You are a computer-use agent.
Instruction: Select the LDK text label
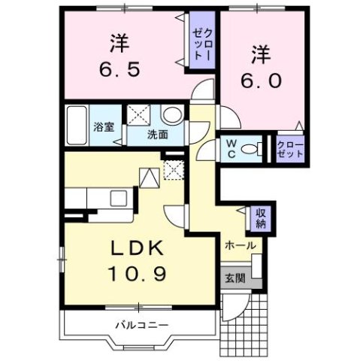(138, 248)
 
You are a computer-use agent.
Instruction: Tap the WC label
(230, 147)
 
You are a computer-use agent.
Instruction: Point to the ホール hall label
(240, 246)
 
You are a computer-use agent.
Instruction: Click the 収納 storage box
(261, 217)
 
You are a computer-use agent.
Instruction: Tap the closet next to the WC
(290, 147)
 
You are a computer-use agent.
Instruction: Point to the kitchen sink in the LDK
(119, 199)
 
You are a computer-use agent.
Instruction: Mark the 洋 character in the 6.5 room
(119, 41)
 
